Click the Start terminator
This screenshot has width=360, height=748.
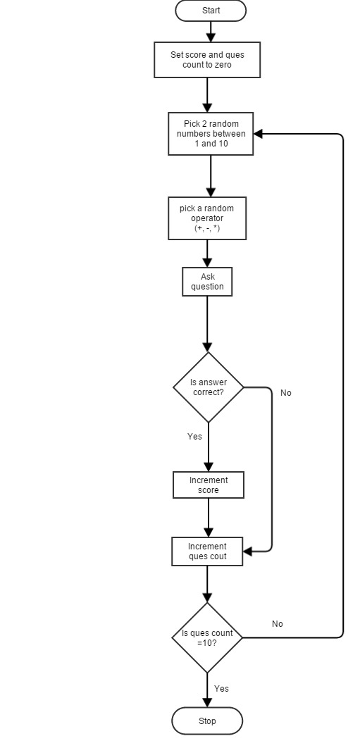pos(211,11)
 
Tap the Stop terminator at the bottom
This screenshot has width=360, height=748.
pos(207,721)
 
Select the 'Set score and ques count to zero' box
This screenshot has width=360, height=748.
pos(207,60)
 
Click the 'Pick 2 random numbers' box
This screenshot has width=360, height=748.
pos(211,134)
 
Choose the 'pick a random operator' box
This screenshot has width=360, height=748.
pos(207,218)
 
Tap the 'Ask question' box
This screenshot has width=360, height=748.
pos(207,282)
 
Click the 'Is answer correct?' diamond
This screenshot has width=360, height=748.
pos(208,387)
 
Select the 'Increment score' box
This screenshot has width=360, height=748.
pos(209,485)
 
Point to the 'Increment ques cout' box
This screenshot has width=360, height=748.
pos(207,551)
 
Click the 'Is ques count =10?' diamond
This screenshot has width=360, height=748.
pos(207,638)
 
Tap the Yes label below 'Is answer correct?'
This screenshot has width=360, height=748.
pos(195,437)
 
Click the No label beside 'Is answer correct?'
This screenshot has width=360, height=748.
pos(286,393)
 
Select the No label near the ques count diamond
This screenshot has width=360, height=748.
pos(278,624)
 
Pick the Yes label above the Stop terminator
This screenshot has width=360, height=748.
pos(221,688)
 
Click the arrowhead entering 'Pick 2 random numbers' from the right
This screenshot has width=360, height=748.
pos(258,134)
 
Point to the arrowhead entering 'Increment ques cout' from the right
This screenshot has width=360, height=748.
pos(247,552)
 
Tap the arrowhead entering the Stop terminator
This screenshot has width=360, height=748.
pos(207,703)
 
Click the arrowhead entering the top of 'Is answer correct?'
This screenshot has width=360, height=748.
pos(207,347)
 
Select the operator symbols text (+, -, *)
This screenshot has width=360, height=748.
pos(207,228)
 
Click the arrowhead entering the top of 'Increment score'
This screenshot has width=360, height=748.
pos(209,467)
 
